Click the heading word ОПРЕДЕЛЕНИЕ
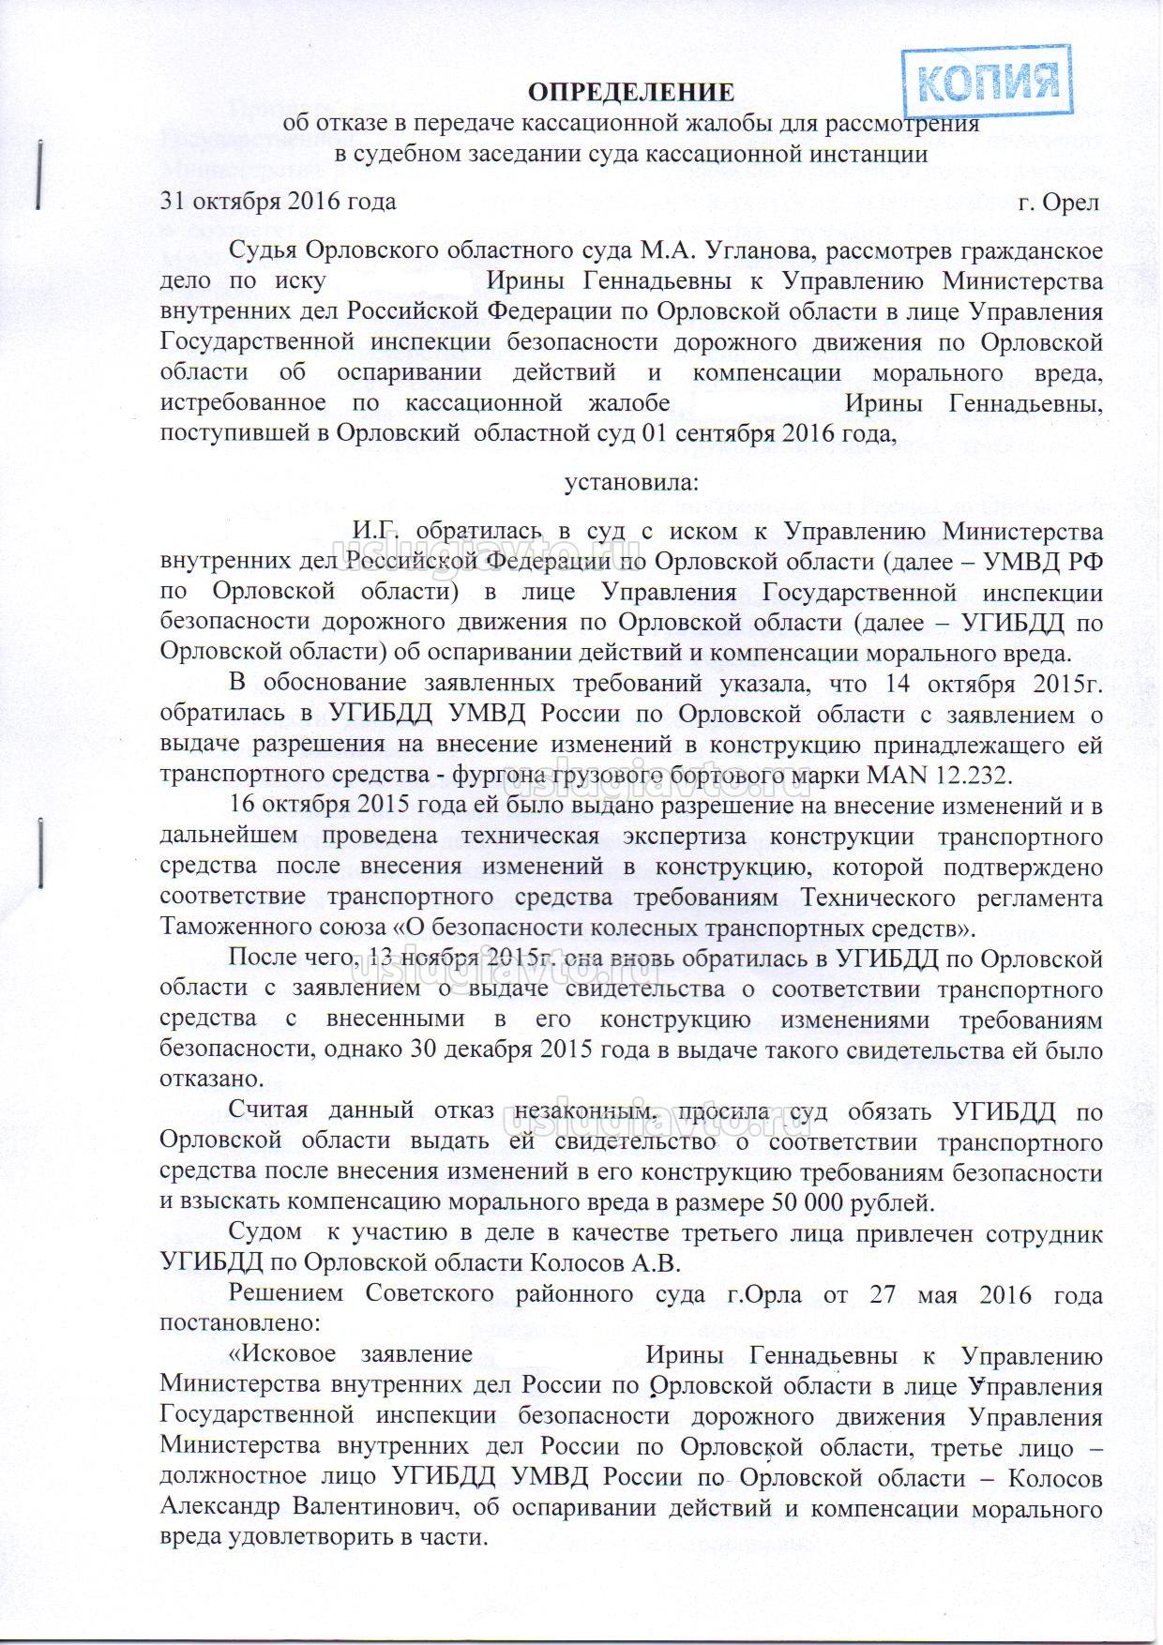(x=629, y=92)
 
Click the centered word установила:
(x=630, y=482)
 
